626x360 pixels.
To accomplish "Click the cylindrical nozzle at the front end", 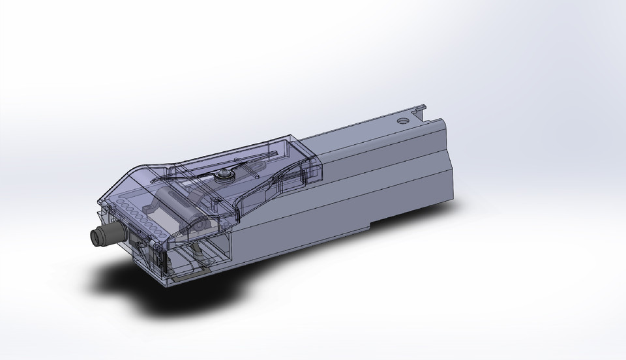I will (108, 235).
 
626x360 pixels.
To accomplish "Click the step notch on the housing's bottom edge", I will (372, 224).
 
